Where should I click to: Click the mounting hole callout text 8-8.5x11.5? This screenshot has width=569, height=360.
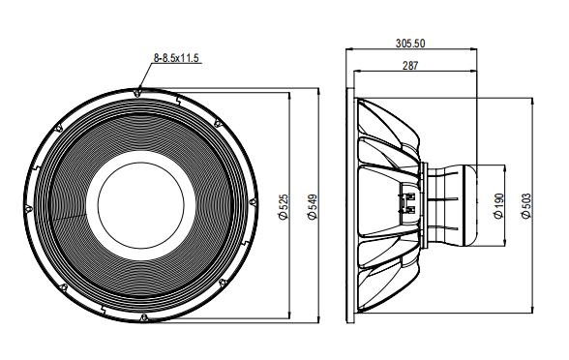coord(175,59)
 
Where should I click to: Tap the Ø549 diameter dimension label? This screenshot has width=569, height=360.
coord(313,204)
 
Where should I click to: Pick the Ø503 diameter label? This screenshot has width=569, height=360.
coord(525,204)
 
